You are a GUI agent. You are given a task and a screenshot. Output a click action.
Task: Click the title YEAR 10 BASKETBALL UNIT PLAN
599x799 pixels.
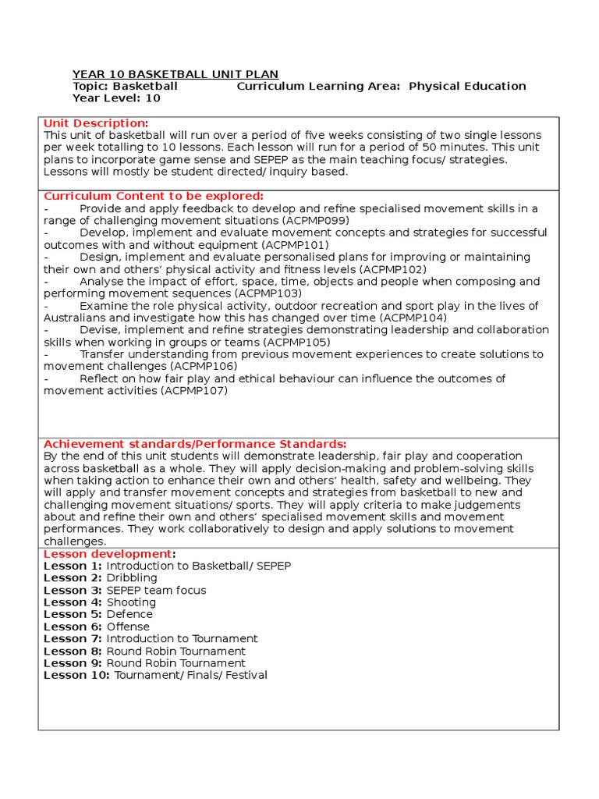(175, 74)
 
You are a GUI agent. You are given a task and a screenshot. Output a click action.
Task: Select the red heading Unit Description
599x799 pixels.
(95, 123)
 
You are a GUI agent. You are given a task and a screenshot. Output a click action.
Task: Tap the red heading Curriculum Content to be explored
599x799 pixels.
(153, 196)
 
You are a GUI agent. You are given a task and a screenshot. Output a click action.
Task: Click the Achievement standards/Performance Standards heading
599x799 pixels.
(195, 444)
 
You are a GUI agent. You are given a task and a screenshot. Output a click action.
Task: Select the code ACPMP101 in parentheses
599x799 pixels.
(296, 245)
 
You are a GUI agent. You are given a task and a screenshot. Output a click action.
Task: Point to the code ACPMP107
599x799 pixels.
(194, 391)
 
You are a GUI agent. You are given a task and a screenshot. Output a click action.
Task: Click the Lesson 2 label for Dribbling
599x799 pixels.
(73, 578)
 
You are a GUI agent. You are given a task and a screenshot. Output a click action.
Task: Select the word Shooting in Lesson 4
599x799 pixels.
(131, 602)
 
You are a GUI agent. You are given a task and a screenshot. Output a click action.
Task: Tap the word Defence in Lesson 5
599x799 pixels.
(129, 614)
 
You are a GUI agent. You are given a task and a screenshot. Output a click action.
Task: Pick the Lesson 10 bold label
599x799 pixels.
(76, 675)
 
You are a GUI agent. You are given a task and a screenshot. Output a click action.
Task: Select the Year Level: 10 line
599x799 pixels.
(116, 98)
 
